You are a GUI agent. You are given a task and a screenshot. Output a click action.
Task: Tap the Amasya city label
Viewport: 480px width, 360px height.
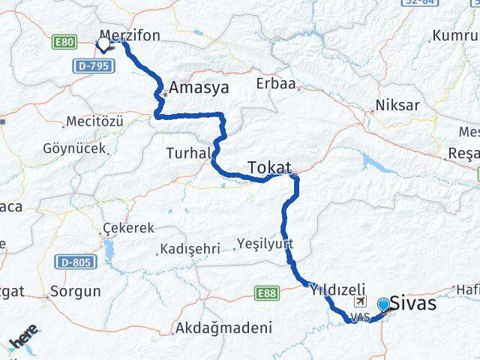point(198,88)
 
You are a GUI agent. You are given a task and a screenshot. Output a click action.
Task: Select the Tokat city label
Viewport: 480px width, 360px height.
point(268,166)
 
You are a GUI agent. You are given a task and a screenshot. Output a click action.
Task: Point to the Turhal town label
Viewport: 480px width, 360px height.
point(187,153)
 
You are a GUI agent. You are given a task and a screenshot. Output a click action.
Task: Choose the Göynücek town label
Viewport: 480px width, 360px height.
point(75,148)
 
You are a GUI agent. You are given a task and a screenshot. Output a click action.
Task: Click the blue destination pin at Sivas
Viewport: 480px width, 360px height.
point(384,304)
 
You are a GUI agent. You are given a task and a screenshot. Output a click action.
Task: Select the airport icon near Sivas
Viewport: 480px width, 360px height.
point(360,301)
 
